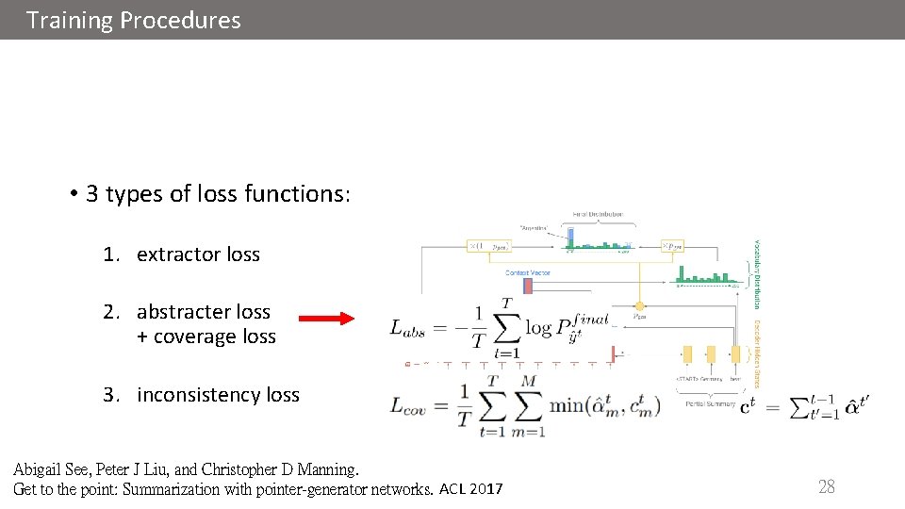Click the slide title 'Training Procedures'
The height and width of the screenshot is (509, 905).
134,20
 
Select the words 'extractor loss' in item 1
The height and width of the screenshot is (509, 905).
198,254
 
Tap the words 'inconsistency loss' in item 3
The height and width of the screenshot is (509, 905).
218,395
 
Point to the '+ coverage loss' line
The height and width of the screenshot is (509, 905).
206,337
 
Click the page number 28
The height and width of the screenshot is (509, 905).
826,486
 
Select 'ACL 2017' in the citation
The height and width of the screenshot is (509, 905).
471,489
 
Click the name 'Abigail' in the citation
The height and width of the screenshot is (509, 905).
41,468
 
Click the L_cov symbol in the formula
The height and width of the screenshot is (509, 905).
409,407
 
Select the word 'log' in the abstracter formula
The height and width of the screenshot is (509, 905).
538,328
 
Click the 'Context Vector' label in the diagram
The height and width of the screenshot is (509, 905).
528,273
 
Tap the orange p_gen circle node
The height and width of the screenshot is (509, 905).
640,306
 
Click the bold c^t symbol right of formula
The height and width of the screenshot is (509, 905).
746,407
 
